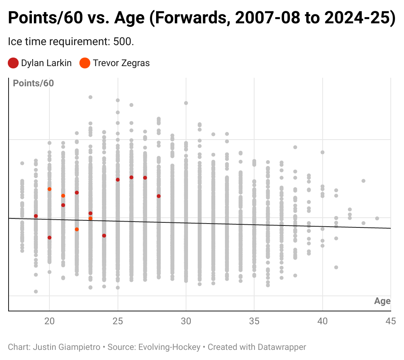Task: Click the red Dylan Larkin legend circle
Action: (13, 63)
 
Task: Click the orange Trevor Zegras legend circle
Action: (85, 63)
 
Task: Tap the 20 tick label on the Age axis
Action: (49, 321)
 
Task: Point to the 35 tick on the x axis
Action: (254, 321)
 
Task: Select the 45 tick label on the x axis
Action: (390, 321)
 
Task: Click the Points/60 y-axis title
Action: (33, 83)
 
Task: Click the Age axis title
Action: (382, 301)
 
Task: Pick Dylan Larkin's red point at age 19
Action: (36, 216)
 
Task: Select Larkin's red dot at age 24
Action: (104, 236)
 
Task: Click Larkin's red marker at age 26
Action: (132, 177)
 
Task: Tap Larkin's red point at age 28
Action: (159, 196)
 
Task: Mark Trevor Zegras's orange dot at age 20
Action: (49, 189)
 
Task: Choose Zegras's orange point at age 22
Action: (77, 229)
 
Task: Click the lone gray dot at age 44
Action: (377, 218)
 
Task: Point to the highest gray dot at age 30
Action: (186, 103)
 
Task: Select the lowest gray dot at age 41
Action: (336, 267)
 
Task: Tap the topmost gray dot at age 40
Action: (322, 152)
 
